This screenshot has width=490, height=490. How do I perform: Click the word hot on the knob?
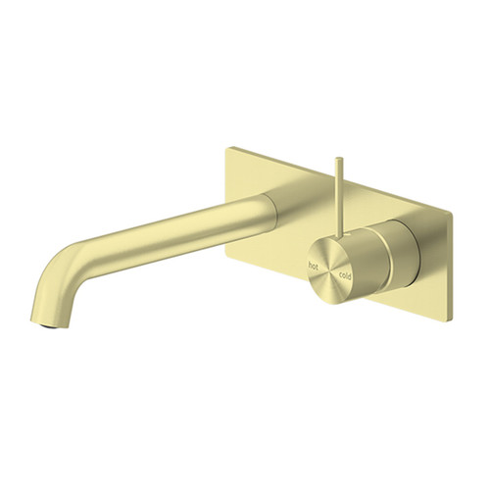[x=315, y=265]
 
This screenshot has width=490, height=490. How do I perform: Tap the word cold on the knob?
[x=344, y=278]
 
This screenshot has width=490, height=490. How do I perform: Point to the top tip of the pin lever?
[x=339, y=157]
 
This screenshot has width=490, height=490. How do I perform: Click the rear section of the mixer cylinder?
[x=402, y=257]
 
